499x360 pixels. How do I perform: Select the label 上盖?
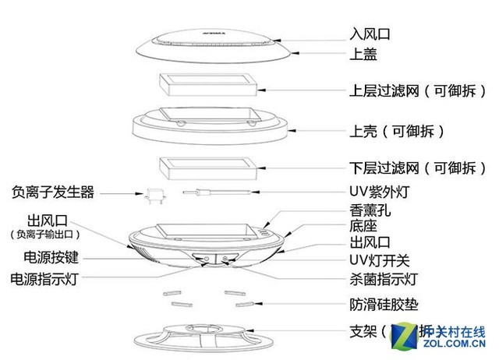coord(359,55)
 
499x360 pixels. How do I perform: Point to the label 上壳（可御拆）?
coord(395,129)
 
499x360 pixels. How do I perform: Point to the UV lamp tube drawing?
coord(218,192)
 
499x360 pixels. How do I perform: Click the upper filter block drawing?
coord(206,87)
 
